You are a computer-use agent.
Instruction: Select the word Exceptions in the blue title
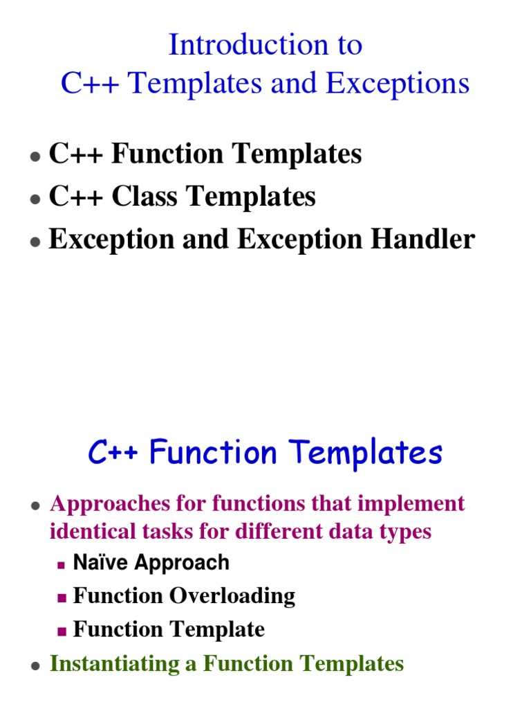point(398,84)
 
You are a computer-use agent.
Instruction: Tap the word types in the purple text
point(407,532)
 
